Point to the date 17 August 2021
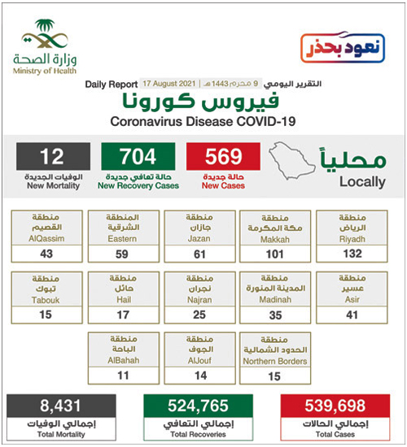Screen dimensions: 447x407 pos(166,85)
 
